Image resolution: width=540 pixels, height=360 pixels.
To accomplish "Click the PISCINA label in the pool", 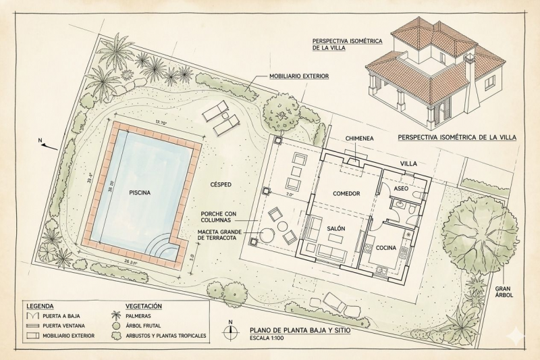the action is (140, 192).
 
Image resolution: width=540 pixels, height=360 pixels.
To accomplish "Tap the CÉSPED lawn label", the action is (221, 184).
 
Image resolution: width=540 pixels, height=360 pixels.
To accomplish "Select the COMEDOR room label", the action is (346, 194).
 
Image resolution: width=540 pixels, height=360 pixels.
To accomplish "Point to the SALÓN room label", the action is (336, 228).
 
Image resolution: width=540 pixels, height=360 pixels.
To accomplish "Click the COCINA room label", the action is (385, 248).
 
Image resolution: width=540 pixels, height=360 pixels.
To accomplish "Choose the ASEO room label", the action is (401, 188).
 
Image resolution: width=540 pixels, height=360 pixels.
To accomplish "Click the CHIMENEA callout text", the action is (360, 138).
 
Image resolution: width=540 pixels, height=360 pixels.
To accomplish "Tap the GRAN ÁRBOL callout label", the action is (504, 292).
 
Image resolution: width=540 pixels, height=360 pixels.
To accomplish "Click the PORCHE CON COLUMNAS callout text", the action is (219, 217).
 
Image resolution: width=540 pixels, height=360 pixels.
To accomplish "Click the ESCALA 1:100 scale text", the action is (267, 338).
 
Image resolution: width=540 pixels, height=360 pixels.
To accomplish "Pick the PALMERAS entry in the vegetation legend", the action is (138, 315).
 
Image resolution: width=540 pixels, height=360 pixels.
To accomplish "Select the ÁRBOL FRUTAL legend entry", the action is (143, 326).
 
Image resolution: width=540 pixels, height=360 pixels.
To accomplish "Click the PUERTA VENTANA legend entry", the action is (63, 326).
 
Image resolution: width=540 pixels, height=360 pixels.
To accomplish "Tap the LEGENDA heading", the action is (40, 306).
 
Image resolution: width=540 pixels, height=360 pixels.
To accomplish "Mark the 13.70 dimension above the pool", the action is (161, 123).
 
